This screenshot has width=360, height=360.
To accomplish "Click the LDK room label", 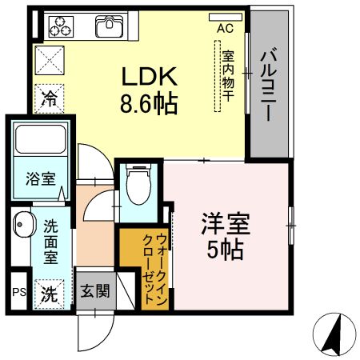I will pyautogui.click(x=149, y=78).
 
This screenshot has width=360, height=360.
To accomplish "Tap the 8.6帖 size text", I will pyautogui.click(x=149, y=103).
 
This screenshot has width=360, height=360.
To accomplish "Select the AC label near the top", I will pyautogui.click(x=225, y=26).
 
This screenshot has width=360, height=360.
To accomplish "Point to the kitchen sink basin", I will pyautogui.click(x=108, y=27).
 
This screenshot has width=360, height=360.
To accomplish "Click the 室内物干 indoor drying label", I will pyautogui.click(x=228, y=75).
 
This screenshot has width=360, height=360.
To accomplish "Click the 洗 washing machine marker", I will pyautogui.click(x=49, y=293).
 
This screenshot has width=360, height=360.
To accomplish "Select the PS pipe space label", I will pyautogui.click(x=18, y=293).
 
